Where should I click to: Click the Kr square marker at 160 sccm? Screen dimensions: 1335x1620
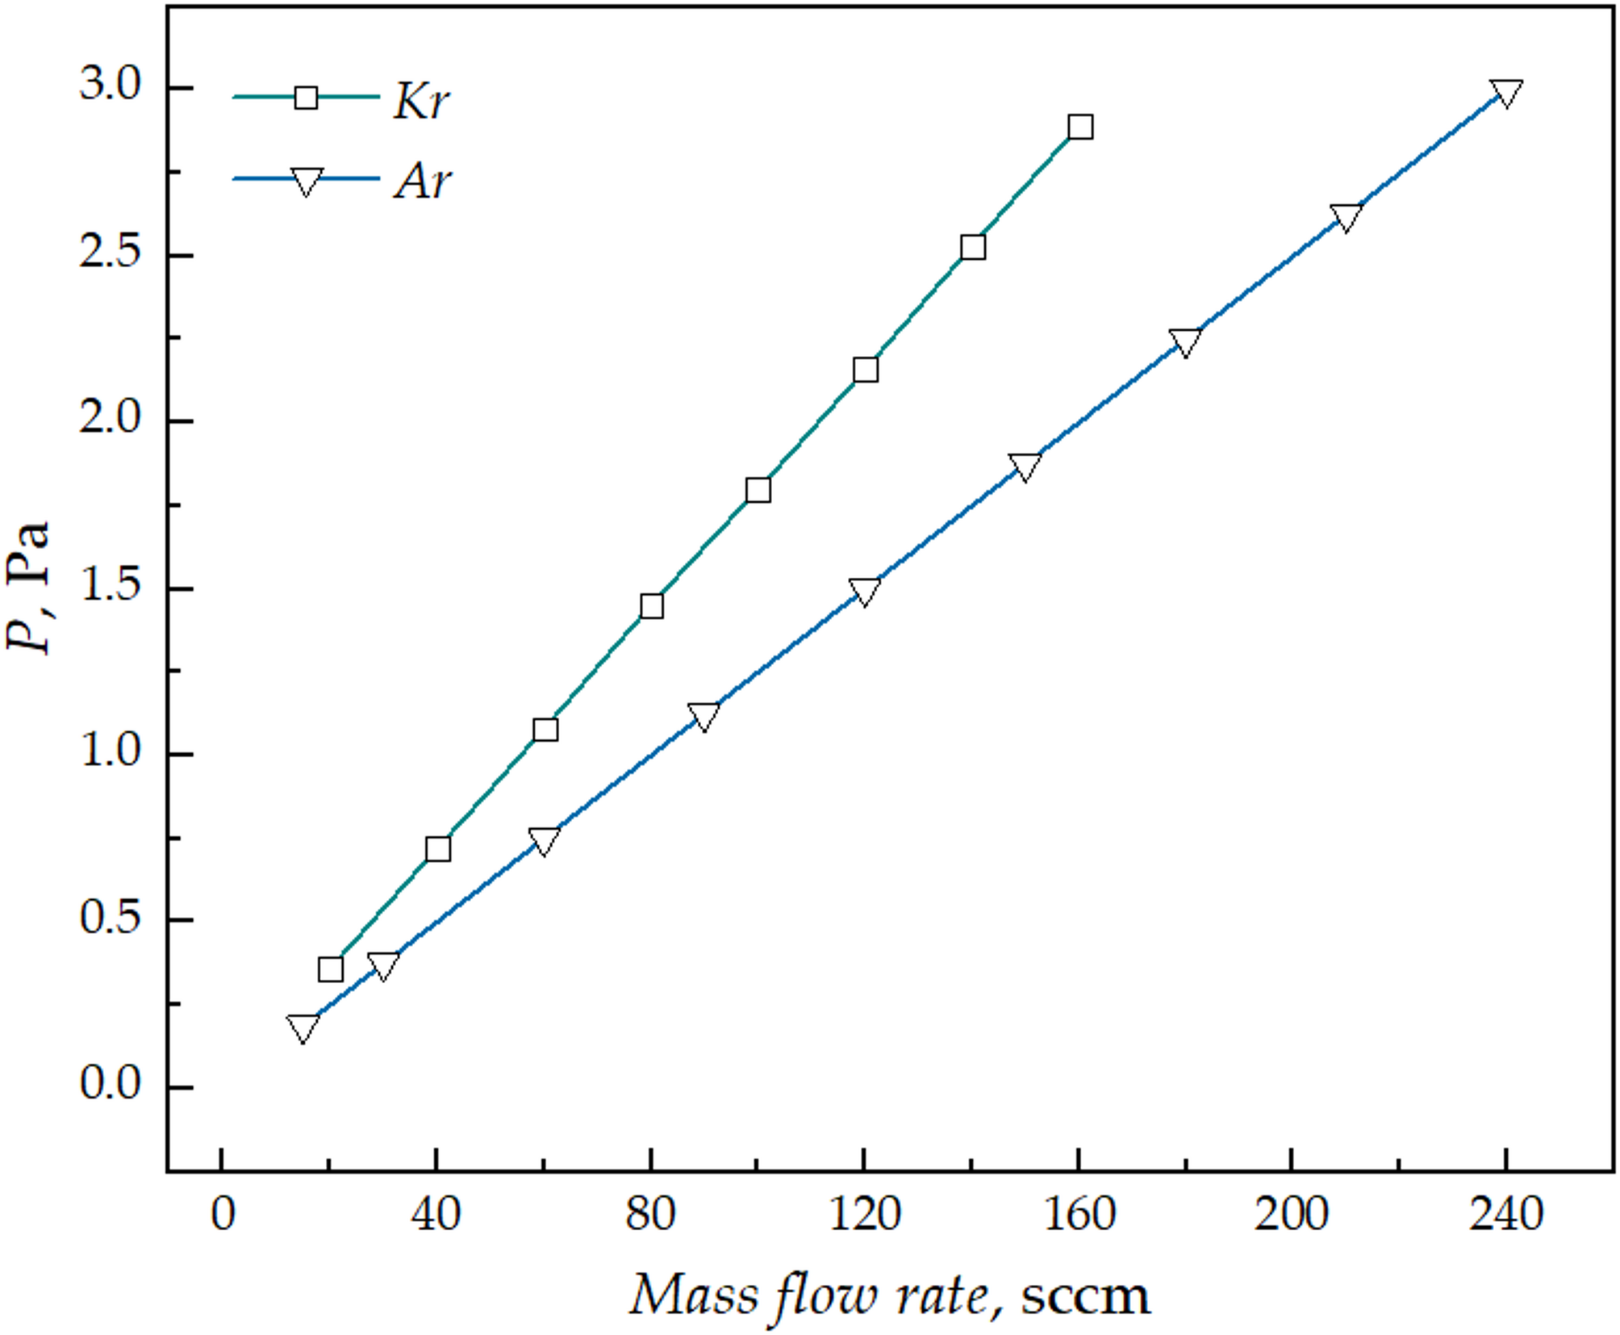[1080, 127]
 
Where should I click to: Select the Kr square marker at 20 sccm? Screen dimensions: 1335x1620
[330, 969]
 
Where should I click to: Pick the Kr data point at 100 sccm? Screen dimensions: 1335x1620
[758, 490]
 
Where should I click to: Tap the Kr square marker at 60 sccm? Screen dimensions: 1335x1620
[545, 730]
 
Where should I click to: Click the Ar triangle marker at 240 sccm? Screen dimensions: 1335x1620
[1505, 92]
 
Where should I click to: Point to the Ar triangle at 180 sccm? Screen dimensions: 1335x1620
[1184, 341]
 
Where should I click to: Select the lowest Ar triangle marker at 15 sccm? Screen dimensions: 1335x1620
[303, 1027]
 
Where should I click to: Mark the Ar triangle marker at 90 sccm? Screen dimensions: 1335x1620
[704, 715]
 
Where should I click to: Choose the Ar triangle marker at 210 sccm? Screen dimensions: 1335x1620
[1345, 216]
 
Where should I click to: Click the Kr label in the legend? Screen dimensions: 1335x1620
[420, 102]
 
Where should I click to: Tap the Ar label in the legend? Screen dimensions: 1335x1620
[423, 181]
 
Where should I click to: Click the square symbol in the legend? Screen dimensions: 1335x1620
[306, 98]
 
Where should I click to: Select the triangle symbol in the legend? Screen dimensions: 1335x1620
[306, 181]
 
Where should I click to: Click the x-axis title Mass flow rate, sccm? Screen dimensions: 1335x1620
[889, 1295]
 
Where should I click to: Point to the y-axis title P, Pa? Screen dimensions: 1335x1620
[29, 587]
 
